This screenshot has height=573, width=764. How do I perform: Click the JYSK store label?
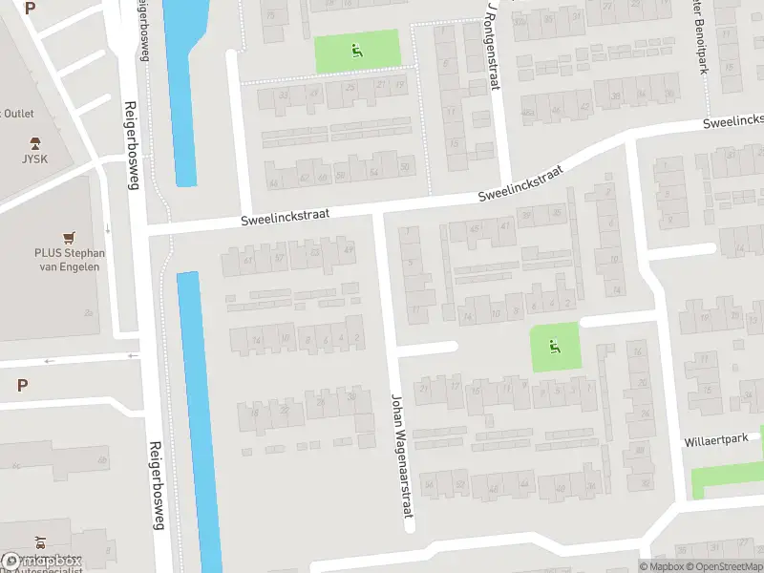[x=33, y=159]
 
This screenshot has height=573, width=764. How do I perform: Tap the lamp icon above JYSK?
[x=34, y=143]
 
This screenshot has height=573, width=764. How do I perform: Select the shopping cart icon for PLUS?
[x=68, y=236]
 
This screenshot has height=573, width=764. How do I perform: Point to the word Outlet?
[x=18, y=114]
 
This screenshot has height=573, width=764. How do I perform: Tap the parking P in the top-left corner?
[x=30, y=8]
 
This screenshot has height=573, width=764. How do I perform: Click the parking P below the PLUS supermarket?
[x=22, y=385]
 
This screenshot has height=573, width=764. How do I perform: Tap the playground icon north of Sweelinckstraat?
[x=357, y=51]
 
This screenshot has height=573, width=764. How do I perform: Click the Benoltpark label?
[x=703, y=38]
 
